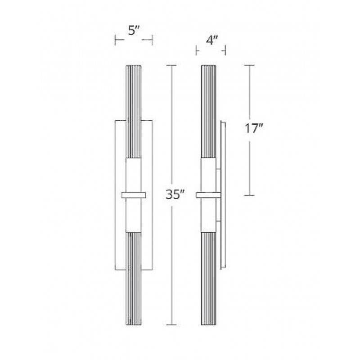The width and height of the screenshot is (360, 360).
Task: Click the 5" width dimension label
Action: [134, 31]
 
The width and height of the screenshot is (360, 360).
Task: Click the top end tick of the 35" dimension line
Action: [171, 66]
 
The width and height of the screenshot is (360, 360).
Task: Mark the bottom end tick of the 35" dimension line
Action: [171, 324]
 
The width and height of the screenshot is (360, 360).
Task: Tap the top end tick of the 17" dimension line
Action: [249, 66]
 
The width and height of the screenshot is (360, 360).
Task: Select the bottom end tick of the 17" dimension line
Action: [249, 195]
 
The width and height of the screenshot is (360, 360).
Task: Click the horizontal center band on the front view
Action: [134, 195]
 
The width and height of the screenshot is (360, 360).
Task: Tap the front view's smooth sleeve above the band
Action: [134, 175]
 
